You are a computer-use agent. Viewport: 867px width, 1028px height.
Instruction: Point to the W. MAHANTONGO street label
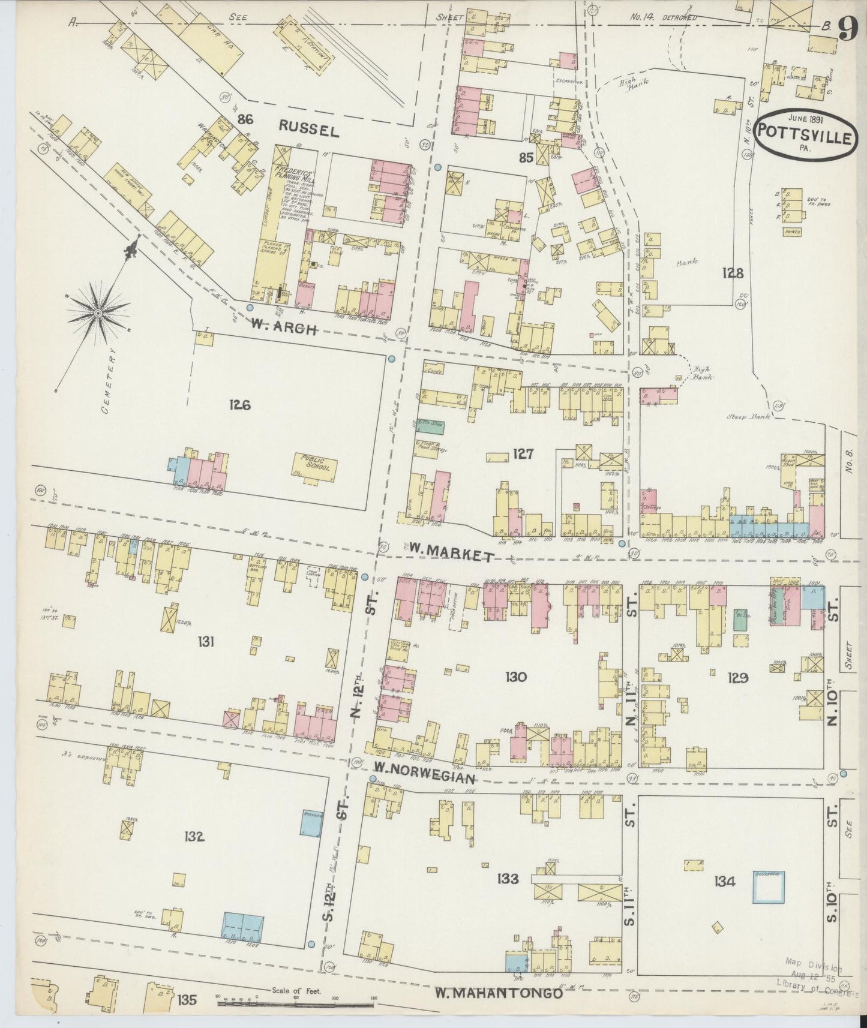(x=499, y=994)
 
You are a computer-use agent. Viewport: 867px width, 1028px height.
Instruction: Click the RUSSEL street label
(x=310, y=128)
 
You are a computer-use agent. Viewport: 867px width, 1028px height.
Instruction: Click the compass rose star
(x=98, y=312)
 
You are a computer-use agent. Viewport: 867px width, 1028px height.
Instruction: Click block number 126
(x=239, y=405)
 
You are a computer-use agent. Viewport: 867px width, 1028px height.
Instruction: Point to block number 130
(x=515, y=677)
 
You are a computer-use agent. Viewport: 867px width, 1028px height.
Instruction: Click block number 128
(x=733, y=273)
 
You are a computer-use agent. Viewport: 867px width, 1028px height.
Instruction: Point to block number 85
(x=526, y=158)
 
